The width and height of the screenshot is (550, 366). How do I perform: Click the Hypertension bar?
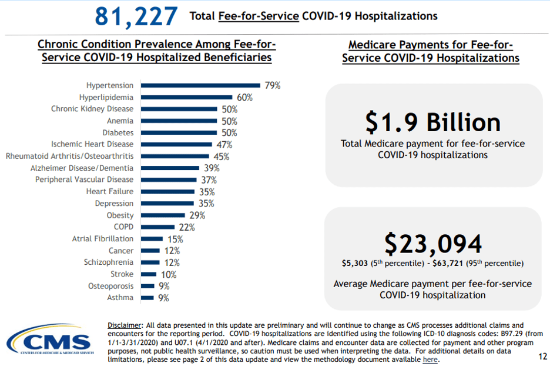coord(200,85)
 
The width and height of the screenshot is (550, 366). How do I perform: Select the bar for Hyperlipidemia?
coord(186,97)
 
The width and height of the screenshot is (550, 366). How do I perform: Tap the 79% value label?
coord(272,85)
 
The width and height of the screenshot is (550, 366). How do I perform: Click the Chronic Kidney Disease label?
coord(92,109)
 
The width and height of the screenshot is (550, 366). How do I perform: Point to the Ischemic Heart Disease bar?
coord(176,144)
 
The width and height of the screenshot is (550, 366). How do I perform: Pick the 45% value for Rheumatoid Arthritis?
coord(221,157)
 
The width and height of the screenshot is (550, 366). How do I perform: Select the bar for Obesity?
coord(163,215)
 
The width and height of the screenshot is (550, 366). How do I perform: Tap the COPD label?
coord(123,227)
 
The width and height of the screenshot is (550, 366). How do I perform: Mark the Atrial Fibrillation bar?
coord(152,239)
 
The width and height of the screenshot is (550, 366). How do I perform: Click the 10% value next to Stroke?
coord(167,274)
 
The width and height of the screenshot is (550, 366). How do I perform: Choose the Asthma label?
coord(120,298)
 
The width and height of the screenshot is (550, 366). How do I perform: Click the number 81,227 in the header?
coord(136,16)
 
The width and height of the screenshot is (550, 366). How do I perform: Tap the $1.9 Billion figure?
coord(432,122)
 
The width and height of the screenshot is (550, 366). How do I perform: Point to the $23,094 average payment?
coord(432,244)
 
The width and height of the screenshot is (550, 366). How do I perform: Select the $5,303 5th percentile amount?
coord(356,264)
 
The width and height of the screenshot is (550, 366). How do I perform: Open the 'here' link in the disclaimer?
coord(430,360)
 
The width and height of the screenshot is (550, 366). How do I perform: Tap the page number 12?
coord(541,356)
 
